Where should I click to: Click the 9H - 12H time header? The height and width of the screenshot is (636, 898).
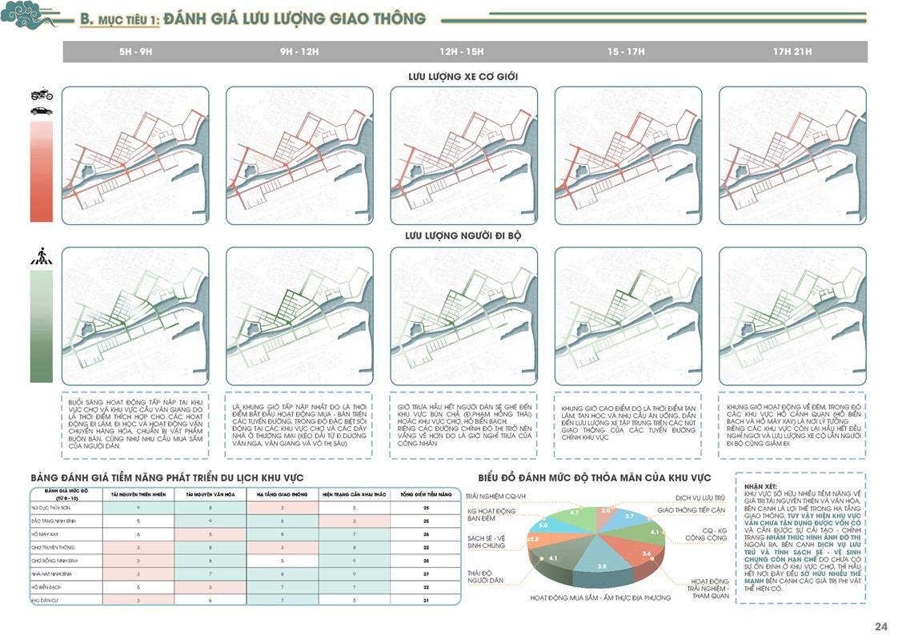click(299, 51)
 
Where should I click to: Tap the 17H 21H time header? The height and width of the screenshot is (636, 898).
click(792, 51)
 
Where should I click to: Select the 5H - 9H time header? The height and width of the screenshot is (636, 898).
click(135, 51)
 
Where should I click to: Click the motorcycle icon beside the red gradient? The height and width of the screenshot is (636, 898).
click(42, 95)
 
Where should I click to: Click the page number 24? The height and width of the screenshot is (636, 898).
click(881, 626)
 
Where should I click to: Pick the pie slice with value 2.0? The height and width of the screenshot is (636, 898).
click(605, 509)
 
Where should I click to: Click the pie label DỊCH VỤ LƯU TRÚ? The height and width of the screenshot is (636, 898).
click(699, 497)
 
